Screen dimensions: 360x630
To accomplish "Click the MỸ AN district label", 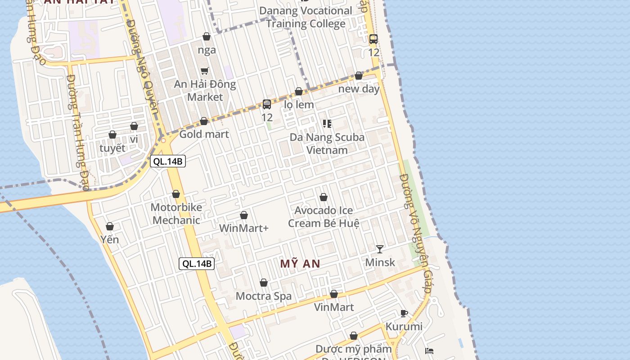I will coord(300,264).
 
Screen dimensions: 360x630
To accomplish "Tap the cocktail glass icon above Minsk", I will coord(380,249).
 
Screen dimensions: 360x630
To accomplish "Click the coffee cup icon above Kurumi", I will coord(404,313).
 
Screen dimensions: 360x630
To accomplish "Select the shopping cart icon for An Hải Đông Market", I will coord(205,71).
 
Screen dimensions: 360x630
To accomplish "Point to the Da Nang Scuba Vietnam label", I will coord(327,144).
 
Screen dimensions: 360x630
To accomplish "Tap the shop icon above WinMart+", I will coord(244,215).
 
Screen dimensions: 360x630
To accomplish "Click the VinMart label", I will coord(334,307).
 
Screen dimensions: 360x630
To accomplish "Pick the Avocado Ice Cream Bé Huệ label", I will coord(324,217).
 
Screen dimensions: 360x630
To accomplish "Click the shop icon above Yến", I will coord(110,226).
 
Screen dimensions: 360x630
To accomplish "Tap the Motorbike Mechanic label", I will coord(176,214).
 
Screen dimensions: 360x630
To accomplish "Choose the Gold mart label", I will coord(204,134).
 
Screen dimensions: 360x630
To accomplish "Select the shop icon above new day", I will coord(359,76).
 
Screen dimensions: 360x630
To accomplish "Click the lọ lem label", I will coord(299,105).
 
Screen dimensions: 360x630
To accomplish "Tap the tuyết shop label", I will coord(112,148).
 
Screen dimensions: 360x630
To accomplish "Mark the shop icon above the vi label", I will coord(134,126).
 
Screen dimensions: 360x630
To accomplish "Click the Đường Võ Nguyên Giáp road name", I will coord(415,234).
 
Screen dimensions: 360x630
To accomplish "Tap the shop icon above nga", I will coord(207,36).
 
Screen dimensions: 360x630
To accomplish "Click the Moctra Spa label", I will coord(264,296).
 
